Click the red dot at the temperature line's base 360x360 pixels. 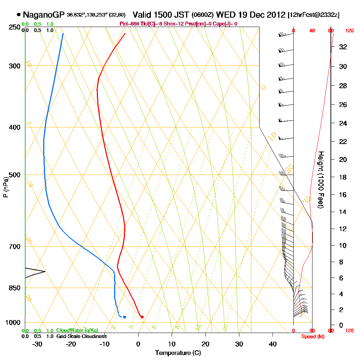[x=142, y=317]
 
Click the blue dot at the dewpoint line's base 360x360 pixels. [x=124, y=317]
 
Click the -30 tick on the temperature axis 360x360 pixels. [x=38, y=344]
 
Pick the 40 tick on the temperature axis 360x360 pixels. [x=273, y=344]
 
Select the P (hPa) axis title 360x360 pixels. [x=5, y=187]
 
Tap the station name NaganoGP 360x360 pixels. [x=44, y=15]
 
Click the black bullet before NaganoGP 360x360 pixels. [x=18, y=15]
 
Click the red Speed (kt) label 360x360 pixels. [x=311, y=336]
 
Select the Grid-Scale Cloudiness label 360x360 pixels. [x=81, y=336]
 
